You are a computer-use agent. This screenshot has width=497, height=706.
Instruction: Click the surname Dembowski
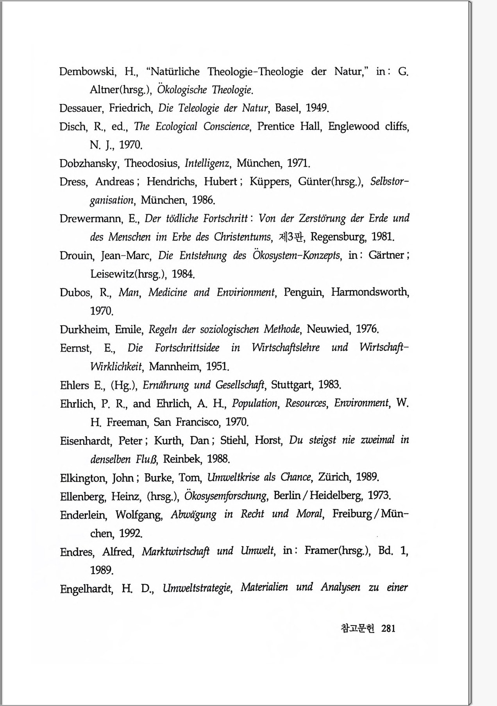[x=87, y=72]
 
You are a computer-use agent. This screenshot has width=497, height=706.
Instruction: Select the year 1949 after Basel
[x=317, y=108]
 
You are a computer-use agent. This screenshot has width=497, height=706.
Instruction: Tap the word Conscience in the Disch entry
[x=226, y=127]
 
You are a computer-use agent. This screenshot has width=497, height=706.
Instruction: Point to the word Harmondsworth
[x=370, y=292]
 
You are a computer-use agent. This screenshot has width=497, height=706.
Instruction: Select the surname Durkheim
[x=84, y=330]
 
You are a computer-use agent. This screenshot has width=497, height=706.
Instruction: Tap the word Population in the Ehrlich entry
[x=255, y=403]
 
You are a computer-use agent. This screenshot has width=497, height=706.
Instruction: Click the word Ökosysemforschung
[x=225, y=496]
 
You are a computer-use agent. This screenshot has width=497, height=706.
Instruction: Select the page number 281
[x=388, y=629]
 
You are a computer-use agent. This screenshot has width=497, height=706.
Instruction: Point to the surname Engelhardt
[x=86, y=589]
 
